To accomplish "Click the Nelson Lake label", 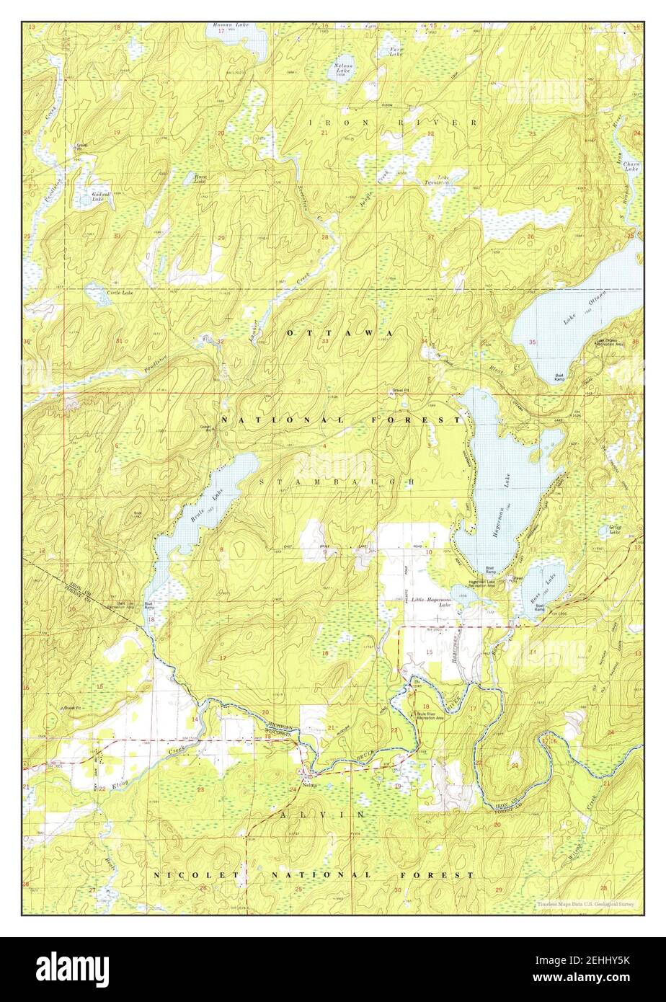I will click(342, 68).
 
